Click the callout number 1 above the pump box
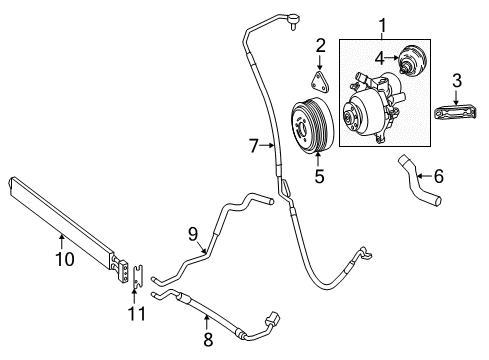(x=383, y=26)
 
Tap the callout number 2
(x=320, y=46)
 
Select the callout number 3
(x=457, y=81)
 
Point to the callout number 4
(x=380, y=59)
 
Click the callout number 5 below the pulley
(x=319, y=176)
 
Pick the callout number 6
(x=439, y=176)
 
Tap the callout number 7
(x=254, y=146)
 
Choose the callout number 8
(x=208, y=340)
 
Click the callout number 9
(x=193, y=234)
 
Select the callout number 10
(x=65, y=259)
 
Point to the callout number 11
(x=137, y=314)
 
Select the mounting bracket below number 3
(x=457, y=112)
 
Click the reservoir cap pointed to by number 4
(x=412, y=60)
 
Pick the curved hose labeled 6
(x=420, y=180)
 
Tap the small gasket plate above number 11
(x=138, y=276)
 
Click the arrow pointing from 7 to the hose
(x=268, y=145)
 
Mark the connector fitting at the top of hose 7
(x=293, y=20)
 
